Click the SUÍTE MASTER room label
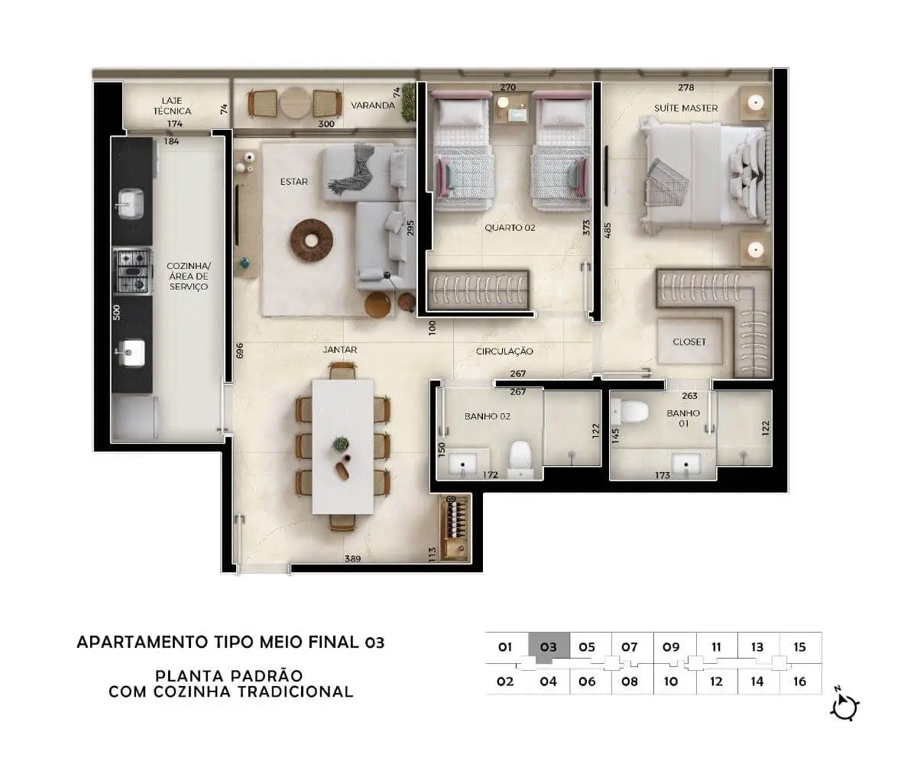point(685,108)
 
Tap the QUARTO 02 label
point(510,228)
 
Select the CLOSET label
point(689,342)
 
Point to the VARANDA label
point(373,105)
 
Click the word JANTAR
point(339,349)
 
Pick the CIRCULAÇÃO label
point(504,351)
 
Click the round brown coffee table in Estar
point(311,241)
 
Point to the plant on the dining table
point(341,444)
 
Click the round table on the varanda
point(296,102)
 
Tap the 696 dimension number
point(239,351)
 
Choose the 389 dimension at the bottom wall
point(352,559)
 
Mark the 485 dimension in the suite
point(608,231)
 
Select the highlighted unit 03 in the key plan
point(549,647)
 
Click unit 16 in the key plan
point(800,681)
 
